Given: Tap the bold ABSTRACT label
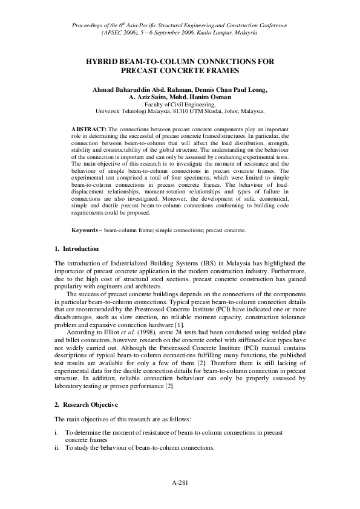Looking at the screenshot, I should tap(89, 130).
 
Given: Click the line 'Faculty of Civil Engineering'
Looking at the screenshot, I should tap(180, 105).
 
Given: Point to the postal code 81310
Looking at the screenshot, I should tap(178, 111).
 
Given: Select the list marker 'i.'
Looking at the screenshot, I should tap(56, 433).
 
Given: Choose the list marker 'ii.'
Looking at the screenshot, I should tap(57, 447).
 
